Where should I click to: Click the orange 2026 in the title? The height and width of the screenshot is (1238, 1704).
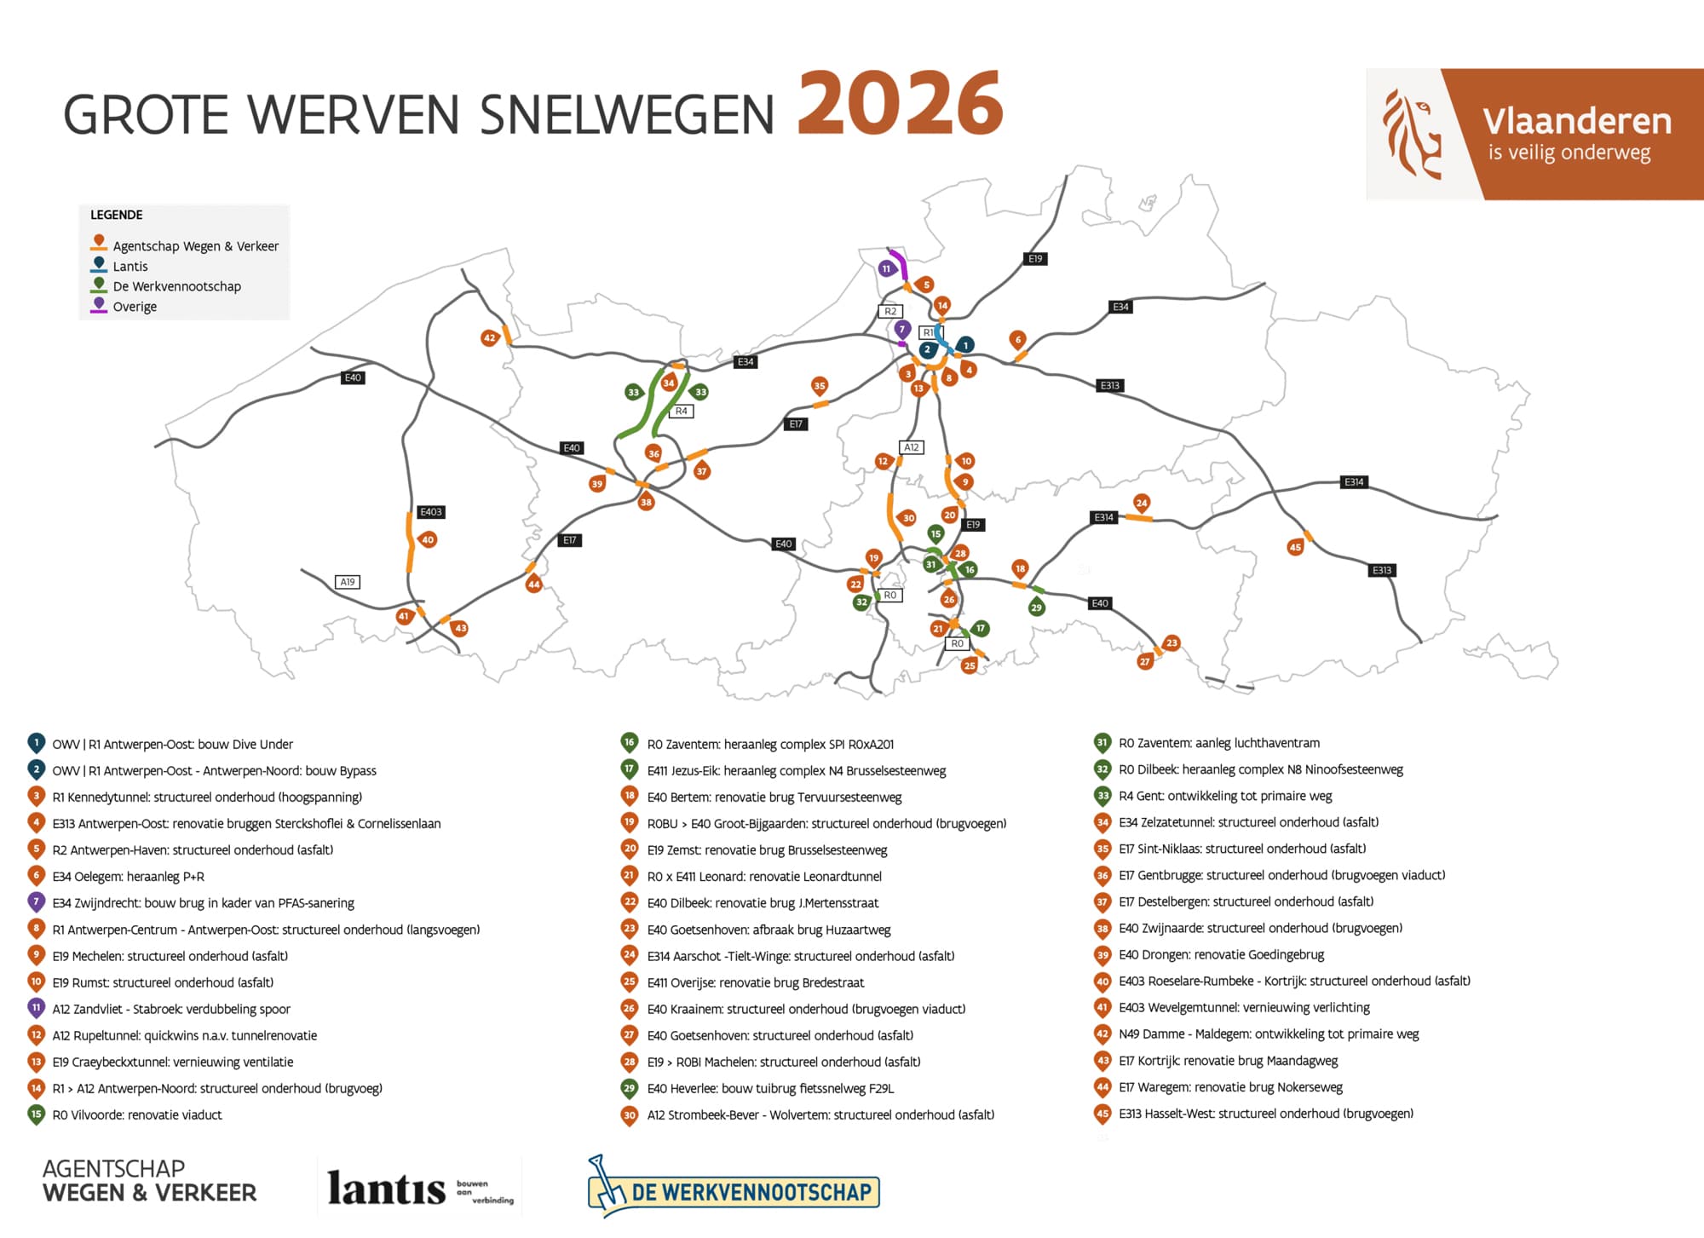tap(900, 104)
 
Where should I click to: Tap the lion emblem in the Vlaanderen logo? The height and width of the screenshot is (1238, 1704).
tap(1411, 135)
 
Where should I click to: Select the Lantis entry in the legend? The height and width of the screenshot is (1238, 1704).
tap(130, 266)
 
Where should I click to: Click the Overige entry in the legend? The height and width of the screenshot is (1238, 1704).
tap(134, 307)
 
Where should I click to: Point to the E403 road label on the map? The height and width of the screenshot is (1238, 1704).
tap(431, 512)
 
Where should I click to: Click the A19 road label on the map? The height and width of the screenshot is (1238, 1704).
tap(348, 582)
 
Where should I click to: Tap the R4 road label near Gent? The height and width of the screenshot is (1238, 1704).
tap(681, 411)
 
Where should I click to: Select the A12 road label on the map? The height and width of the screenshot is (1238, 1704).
tap(912, 447)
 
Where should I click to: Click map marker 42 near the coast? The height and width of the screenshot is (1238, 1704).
tap(489, 338)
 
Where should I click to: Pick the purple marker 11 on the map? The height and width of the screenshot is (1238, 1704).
tap(886, 268)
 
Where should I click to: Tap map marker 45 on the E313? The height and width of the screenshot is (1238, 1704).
tap(1295, 547)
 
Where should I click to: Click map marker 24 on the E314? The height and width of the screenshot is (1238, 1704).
tap(1142, 503)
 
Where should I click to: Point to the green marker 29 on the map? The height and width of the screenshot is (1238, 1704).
tap(1036, 607)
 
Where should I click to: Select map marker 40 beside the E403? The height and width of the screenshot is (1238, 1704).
tap(428, 539)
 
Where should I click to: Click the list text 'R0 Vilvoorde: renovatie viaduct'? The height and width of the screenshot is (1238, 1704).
tap(136, 1114)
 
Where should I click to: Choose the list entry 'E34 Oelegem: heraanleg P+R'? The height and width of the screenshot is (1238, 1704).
tap(128, 876)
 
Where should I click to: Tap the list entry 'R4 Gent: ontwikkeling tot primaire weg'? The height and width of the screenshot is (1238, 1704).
tap(1225, 796)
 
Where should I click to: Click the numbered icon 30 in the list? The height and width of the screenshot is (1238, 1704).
tap(630, 1114)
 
